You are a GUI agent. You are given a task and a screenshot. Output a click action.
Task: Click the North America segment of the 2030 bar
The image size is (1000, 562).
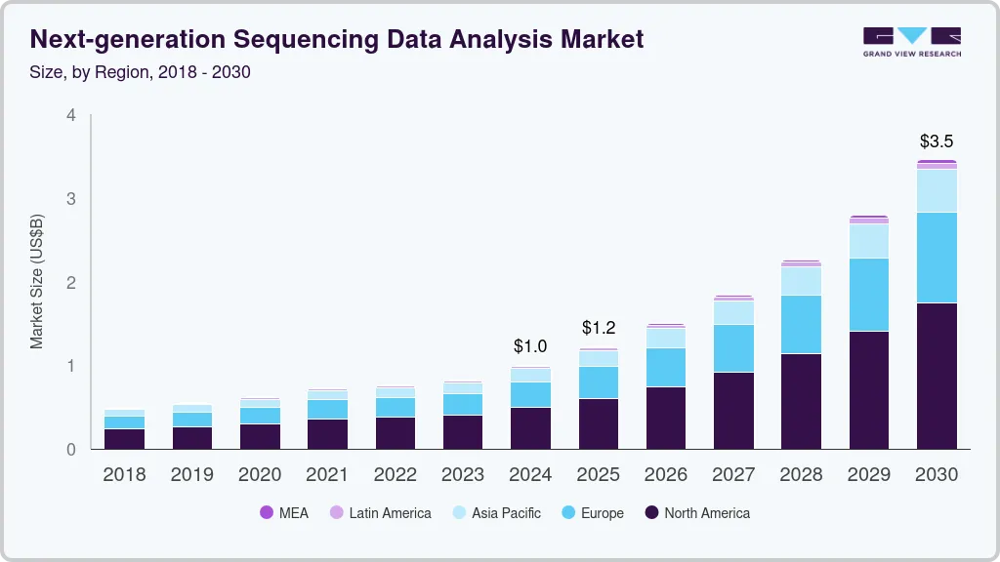937,376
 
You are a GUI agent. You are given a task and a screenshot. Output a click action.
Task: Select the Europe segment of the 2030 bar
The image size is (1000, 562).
937,258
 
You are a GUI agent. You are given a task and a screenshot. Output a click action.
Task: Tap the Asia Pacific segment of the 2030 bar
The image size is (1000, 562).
937,191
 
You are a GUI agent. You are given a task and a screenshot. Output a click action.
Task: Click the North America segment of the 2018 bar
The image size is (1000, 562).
124,439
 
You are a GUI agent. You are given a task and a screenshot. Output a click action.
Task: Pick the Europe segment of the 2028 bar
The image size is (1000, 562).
801,324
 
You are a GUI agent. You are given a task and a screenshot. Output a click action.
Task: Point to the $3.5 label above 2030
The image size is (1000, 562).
937,141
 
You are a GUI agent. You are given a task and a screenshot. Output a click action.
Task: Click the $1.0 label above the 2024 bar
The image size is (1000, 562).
530,346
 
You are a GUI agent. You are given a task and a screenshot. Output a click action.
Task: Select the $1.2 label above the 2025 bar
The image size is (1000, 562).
598,327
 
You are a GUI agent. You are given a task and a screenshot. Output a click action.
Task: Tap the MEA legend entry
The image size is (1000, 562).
284,512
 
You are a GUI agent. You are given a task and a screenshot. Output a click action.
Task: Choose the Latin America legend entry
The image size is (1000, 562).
380,512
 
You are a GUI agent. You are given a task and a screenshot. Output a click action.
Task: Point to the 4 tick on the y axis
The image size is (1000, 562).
70,115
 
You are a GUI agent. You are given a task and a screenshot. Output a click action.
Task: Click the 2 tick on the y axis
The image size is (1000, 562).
70,283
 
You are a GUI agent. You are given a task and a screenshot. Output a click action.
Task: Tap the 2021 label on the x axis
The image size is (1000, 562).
327,475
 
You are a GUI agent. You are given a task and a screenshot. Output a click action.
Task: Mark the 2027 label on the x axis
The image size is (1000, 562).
733,475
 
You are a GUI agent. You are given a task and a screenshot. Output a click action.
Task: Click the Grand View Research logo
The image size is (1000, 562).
911,41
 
